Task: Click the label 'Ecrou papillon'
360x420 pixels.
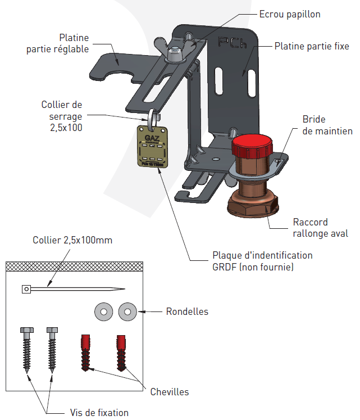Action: [x=289, y=14]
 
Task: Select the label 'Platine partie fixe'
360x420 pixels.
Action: [x=311, y=46]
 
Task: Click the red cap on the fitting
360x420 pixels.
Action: [x=252, y=147]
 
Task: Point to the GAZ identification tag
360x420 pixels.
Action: [x=152, y=146]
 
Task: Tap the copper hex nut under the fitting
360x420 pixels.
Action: [x=252, y=206]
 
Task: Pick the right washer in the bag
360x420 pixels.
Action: [x=127, y=310]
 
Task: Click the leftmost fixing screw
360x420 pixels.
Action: [x=26, y=349]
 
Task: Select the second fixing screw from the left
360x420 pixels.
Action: [x=52, y=347]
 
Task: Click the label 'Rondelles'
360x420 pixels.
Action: [x=187, y=311]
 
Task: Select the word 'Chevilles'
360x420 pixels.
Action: [x=170, y=392]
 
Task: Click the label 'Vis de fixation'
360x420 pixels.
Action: [x=99, y=412]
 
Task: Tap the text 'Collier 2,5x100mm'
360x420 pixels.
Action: [x=72, y=240]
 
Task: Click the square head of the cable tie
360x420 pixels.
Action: [x=26, y=289]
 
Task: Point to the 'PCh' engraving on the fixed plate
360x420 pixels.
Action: [x=231, y=43]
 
